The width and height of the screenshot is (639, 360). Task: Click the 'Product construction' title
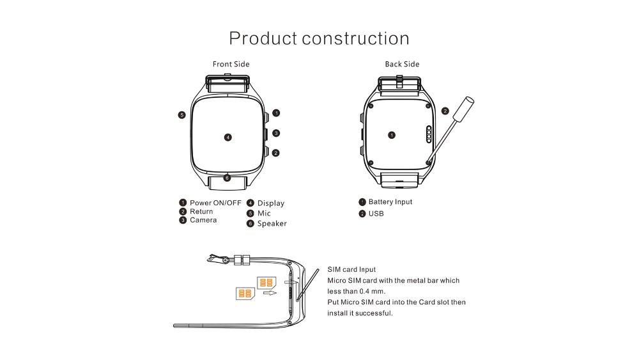pyautogui.click(x=319, y=38)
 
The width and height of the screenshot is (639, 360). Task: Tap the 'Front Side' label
pyautogui.click(x=231, y=64)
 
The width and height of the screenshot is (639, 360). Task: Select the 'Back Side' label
pyautogui.click(x=402, y=64)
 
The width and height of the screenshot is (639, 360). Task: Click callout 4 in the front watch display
pyautogui.click(x=228, y=137)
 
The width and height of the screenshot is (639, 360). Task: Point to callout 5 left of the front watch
pyautogui.click(x=181, y=115)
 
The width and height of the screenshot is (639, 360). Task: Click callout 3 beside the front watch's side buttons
pyautogui.click(x=276, y=133)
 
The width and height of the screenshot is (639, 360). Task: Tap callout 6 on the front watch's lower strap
pyautogui.click(x=227, y=178)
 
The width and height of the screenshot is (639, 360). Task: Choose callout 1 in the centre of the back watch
pyautogui.click(x=392, y=135)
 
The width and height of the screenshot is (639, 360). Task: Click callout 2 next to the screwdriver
pyautogui.click(x=445, y=111)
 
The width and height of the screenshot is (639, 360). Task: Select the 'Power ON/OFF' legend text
pyautogui.click(x=215, y=203)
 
